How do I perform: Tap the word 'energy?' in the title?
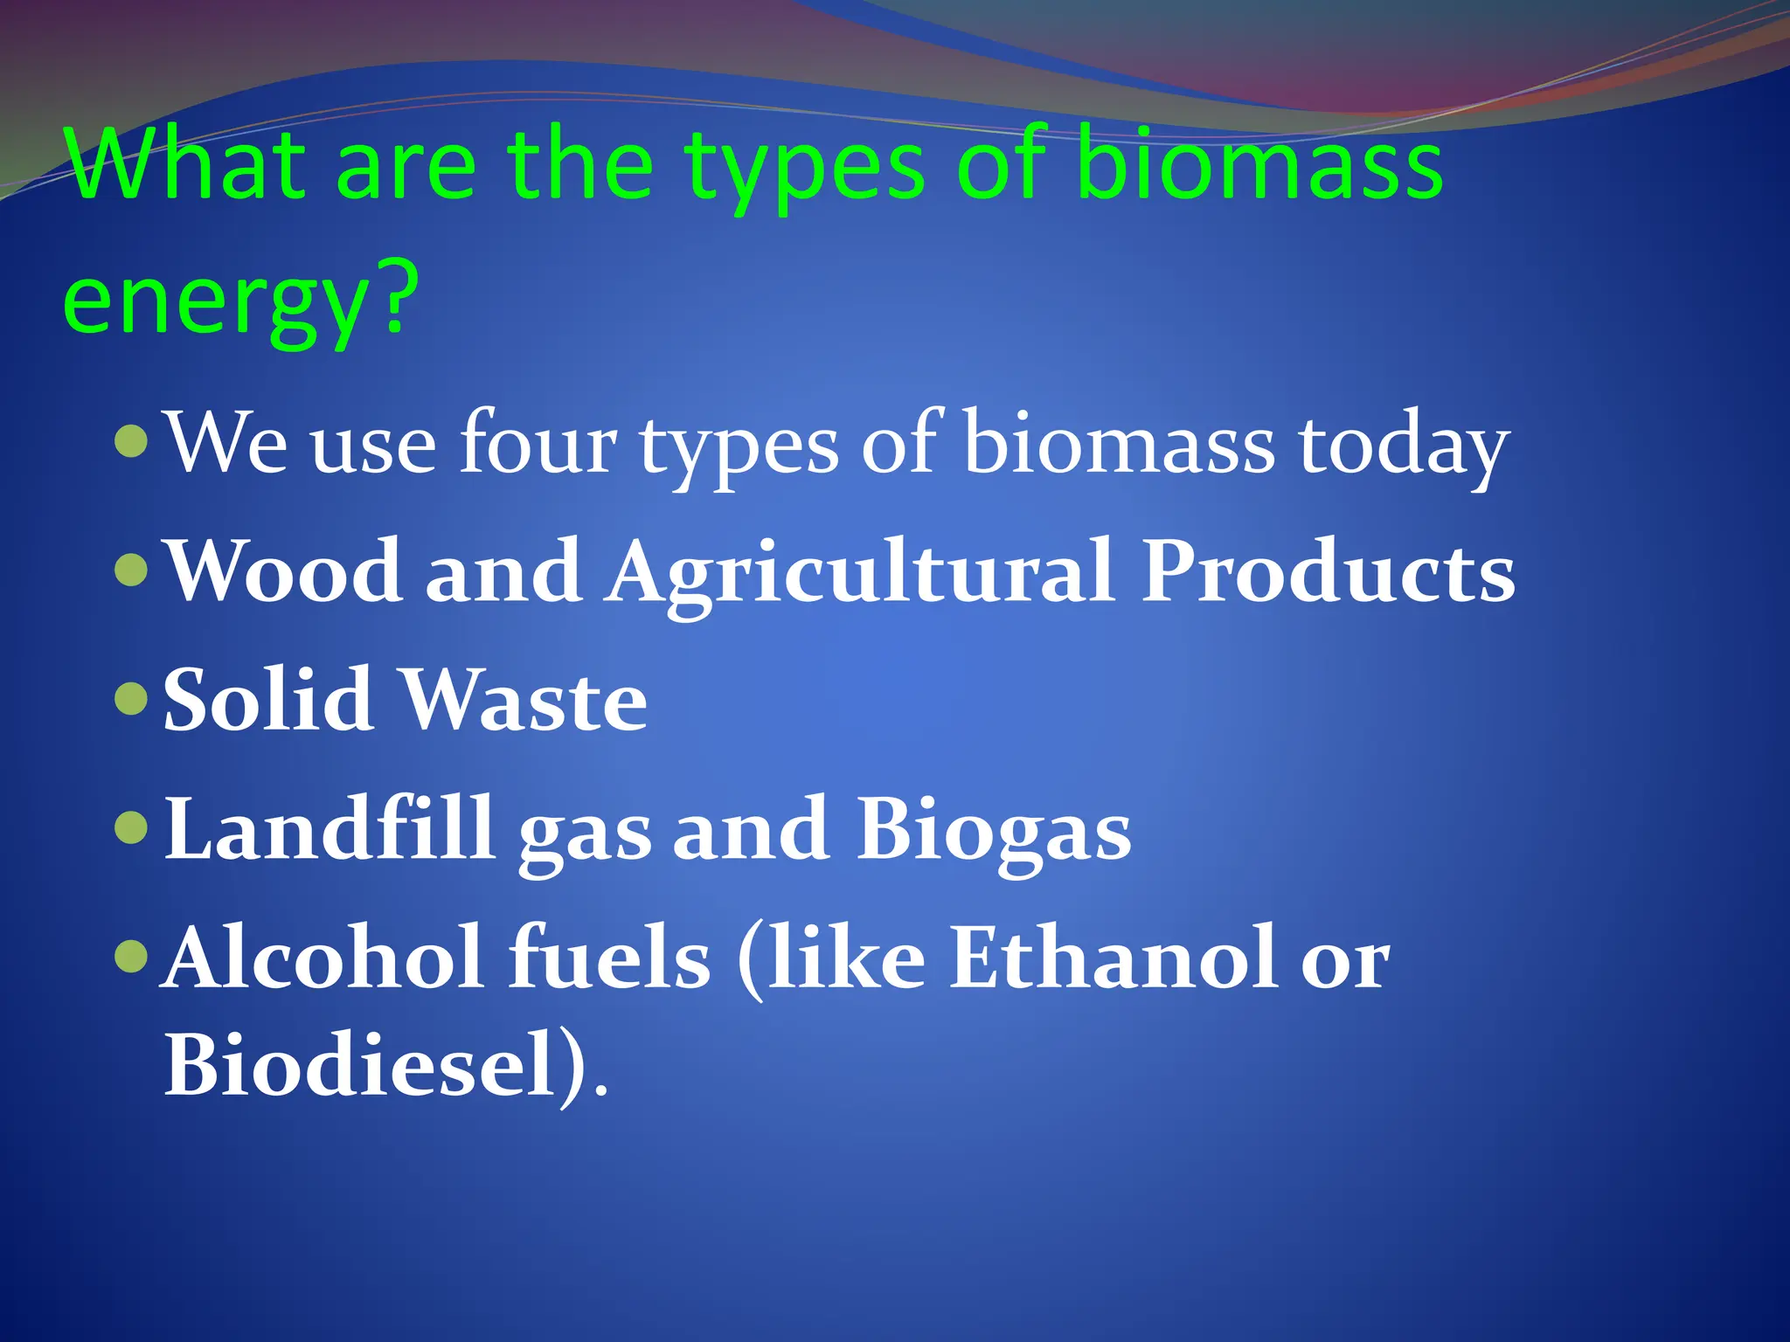click(240, 301)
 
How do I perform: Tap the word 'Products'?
click(1329, 571)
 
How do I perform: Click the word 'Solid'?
click(267, 700)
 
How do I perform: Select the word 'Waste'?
click(524, 700)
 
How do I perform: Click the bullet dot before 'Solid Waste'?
click(131, 699)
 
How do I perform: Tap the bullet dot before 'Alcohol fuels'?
click(131, 957)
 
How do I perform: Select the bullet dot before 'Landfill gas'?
click(131, 827)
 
